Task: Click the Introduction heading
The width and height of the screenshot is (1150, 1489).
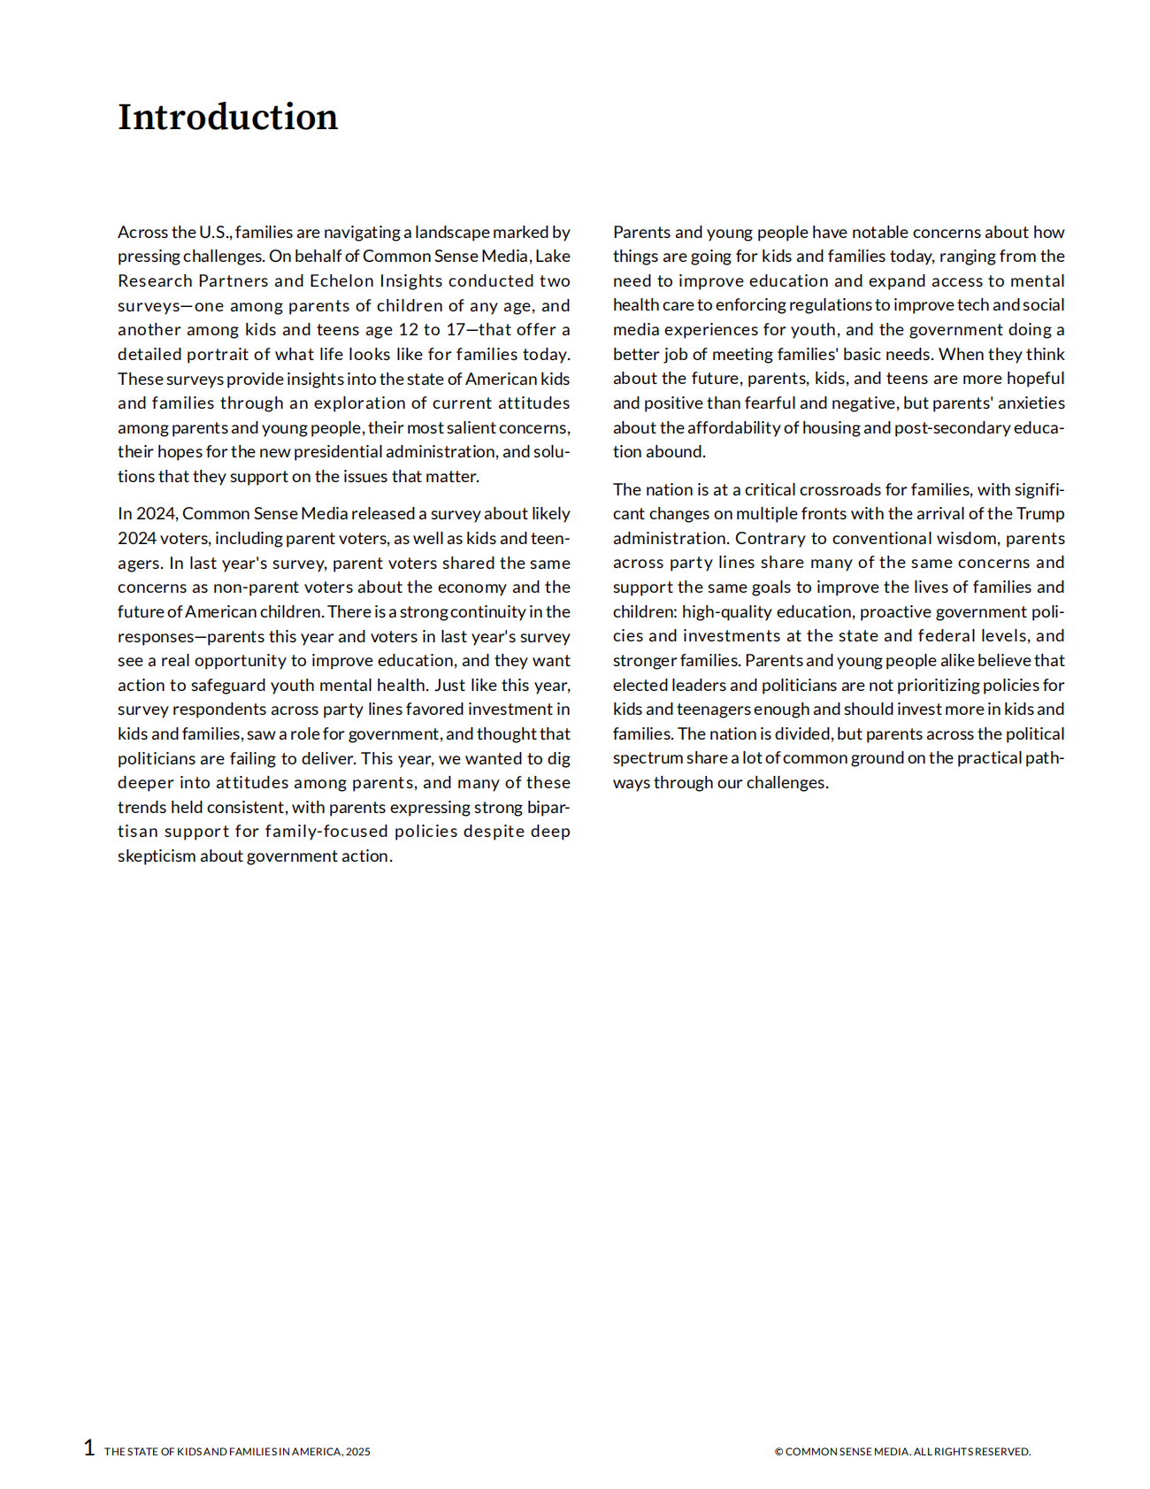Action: point(227,117)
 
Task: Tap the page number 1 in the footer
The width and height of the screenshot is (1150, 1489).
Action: point(89,1447)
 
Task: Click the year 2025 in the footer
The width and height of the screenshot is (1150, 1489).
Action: point(358,1452)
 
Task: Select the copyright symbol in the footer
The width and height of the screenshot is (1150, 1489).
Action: point(778,1452)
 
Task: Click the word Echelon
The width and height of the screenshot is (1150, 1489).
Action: point(341,280)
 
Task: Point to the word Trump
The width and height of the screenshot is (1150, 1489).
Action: point(1040,514)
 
